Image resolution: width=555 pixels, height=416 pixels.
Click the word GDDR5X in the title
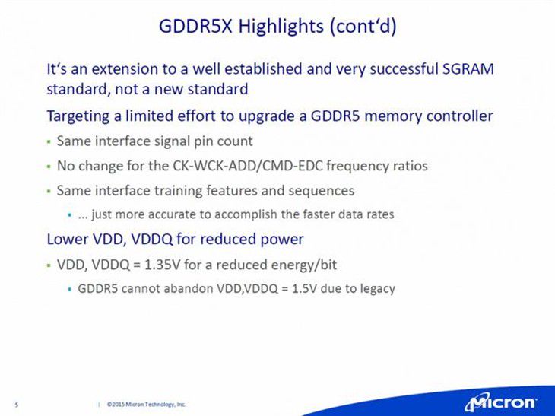(195, 26)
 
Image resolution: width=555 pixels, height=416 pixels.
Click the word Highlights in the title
(281, 27)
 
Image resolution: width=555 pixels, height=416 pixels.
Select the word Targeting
(78, 116)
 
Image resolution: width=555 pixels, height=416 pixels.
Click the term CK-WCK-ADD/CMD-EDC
(248, 166)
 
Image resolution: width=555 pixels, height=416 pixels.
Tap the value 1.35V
(163, 265)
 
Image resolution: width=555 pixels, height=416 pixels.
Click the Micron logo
(501, 403)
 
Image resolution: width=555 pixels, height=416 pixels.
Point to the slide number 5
(16, 405)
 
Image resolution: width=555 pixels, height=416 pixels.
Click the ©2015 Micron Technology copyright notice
(146, 404)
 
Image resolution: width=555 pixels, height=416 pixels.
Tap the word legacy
(377, 289)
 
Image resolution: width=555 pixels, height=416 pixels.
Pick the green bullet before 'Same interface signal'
(49, 142)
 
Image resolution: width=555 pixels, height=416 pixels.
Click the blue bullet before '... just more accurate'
(70, 215)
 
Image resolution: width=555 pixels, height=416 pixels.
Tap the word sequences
(321, 191)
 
